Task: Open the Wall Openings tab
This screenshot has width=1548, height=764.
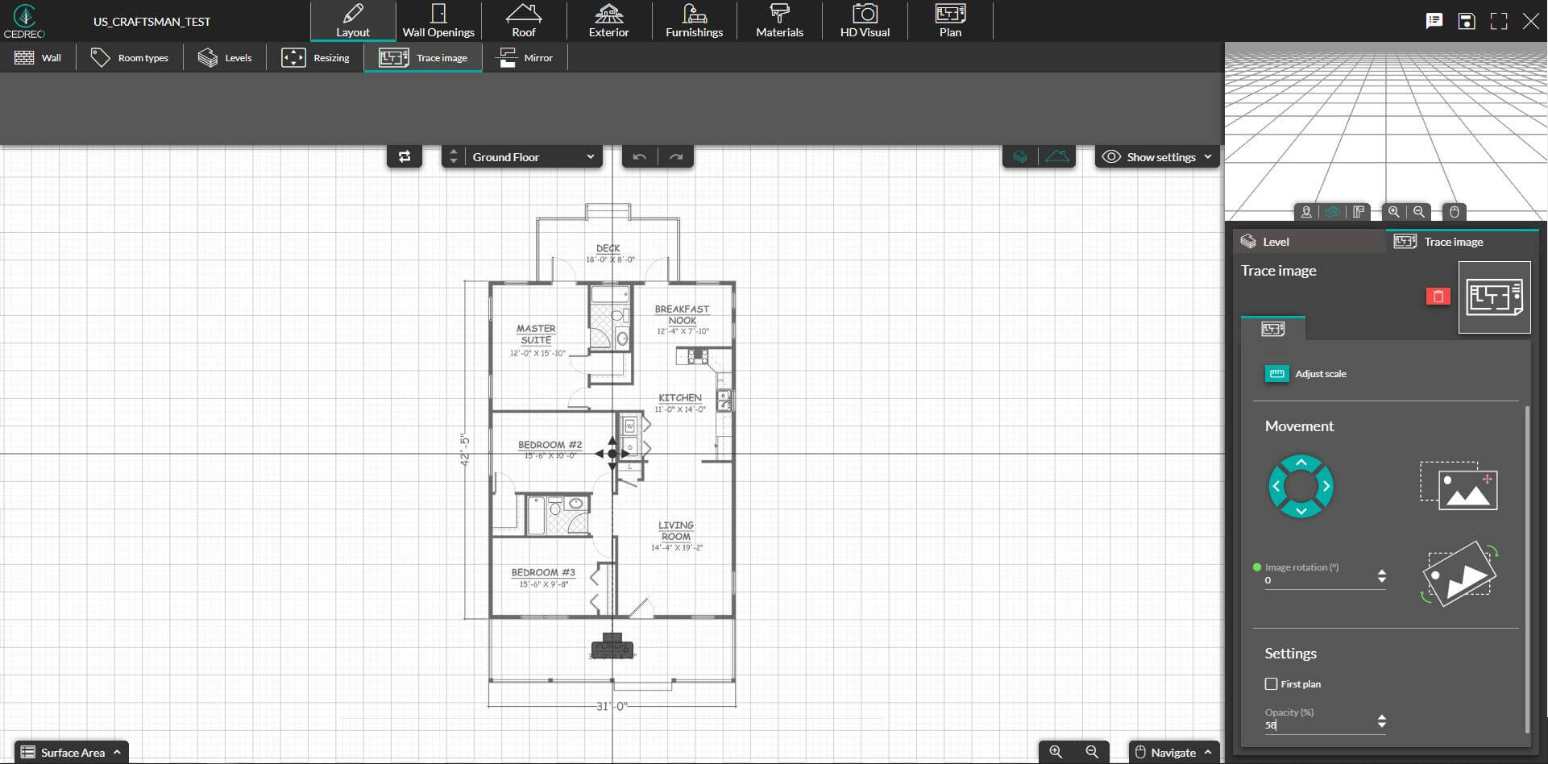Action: [x=438, y=22]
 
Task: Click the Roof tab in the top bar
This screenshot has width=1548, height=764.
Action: [x=524, y=22]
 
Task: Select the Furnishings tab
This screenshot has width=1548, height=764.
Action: [x=694, y=22]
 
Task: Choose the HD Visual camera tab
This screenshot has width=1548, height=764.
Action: [x=865, y=22]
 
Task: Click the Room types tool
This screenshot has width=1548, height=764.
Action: [x=130, y=58]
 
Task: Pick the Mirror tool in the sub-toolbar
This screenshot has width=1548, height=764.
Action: [x=525, y=58]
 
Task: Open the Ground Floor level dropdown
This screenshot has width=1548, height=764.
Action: [x=532, y=157]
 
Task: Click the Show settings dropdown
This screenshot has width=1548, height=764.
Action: [x=1157, y=157]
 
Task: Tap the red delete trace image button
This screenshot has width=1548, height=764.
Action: [x=1438, y=297]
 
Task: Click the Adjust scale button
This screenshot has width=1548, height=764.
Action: [x=1306, y=374]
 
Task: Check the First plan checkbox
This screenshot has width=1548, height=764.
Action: [x=1272, y=684]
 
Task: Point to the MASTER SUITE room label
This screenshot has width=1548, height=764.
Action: [x=536, y=334]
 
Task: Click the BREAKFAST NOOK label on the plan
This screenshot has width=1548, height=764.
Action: [x=682, y=314]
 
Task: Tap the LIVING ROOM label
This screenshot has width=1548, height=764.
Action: [x=676, y=530]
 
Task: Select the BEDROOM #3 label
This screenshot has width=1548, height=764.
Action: [x=543, y=573]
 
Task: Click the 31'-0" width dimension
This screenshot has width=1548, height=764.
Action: [x=612, y=707]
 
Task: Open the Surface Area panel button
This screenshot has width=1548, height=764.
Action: [x=72, y=753]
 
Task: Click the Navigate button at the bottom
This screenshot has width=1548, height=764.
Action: [x=1173, y=753]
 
